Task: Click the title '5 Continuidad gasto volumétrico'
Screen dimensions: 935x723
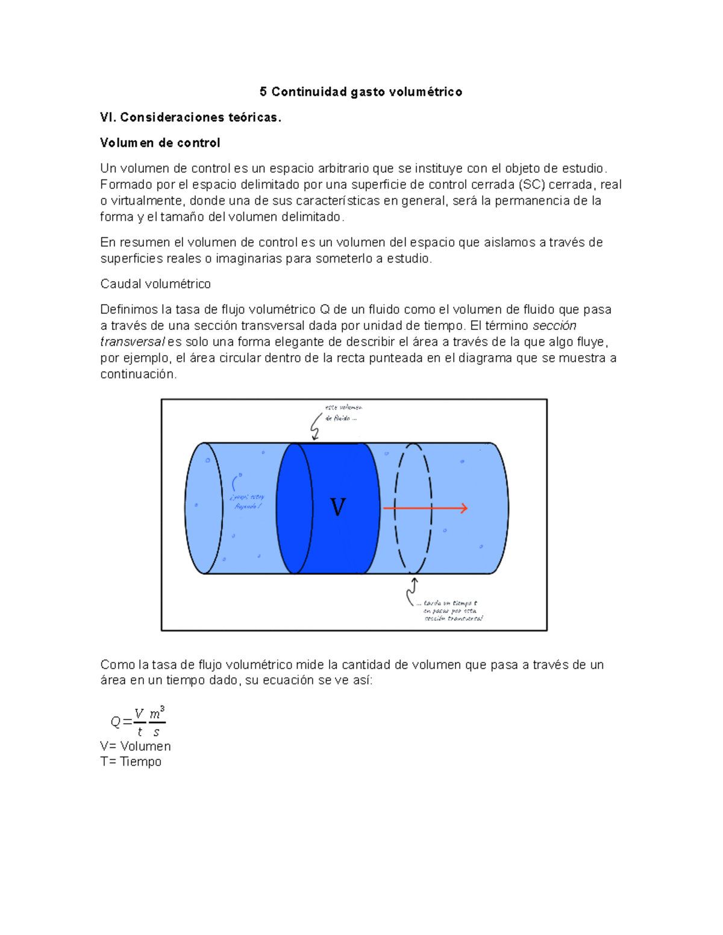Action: pyautogui.click(x=361, y=92)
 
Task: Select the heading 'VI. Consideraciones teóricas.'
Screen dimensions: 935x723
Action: pyautogui.click(x=190, y=117)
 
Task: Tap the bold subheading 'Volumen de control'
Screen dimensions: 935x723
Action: pyautogui.click(x=160, y=143)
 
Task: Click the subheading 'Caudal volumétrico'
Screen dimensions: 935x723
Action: pyautogui.click(x=155, y=284)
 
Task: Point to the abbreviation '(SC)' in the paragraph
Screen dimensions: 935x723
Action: pyautogui.click(x=531, y=185)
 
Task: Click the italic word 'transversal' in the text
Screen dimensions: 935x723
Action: pyautogui.click(x=132, y=342)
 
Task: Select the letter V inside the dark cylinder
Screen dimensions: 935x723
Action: pyautogui.click(x=338, y=507)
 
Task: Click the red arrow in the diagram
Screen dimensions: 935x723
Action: pyautogui.click(x=425, y=508)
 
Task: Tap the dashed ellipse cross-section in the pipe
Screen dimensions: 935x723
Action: pyautogui.click(x=413, y=508)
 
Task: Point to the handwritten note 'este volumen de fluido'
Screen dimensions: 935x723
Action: pyautogui.click(x=343, y=412)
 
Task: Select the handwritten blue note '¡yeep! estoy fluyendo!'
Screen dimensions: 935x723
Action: pyautogui.click(x=247, y=502)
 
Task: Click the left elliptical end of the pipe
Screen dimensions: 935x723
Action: pyautogui.click(x=204, y=508)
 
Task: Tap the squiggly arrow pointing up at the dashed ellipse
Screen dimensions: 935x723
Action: pyautogui.click(x=412, y=591)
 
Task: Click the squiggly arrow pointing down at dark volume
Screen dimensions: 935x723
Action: pyautogui.click(x=316, y=426)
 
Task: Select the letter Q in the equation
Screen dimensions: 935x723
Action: pyautogui.click(x=116, y=722)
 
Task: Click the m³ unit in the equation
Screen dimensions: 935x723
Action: pyautogui.click(x=157, y=713)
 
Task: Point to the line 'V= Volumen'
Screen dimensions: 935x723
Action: pyautogui.click(x=136, y=747)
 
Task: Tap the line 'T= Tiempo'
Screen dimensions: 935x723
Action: pyautogui.click(x=131, y=762)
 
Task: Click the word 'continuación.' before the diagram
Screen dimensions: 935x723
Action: pyautogui.click(x=139, y=374)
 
